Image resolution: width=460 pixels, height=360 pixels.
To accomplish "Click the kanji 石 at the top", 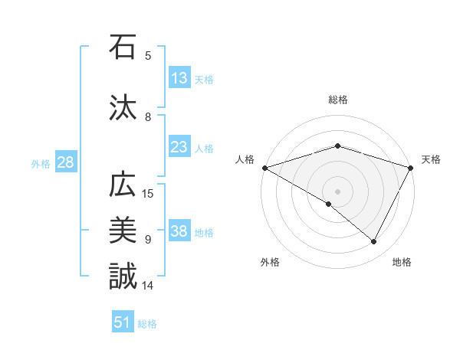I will (x=123, y=47).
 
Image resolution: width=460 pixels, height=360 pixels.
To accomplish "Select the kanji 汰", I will (x=123, y=108).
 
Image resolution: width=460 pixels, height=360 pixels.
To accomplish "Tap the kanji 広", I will (x=123, y=186).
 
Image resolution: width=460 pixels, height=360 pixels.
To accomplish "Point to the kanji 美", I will (x=123, y=230).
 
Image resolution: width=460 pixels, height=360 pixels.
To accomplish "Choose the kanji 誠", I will (x=123, y=275).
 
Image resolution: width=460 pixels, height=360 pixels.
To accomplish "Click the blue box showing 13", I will (x=179, y=78).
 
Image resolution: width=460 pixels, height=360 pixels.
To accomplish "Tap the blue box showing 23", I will (x=179, y=148).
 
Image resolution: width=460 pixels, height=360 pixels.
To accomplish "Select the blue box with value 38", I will (x=179, y=232).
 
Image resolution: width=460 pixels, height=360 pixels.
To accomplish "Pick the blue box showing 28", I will (x=64, y=163).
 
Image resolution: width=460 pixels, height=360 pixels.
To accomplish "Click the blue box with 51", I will (x=123, y=322).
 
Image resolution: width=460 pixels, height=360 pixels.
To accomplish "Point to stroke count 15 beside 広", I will (x=149, y=193).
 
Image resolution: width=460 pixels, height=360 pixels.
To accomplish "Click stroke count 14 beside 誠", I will (x=149, y=286).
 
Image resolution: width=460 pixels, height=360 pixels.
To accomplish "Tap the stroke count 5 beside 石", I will (x=148, y=55).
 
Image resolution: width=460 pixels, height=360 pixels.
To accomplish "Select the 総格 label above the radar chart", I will (x=338, y=100).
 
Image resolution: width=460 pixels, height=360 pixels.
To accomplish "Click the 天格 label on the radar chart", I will (x=431, y=159).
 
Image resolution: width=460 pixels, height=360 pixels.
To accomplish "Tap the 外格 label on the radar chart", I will (x=270, y=262).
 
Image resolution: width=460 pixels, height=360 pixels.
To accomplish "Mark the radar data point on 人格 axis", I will (x=264, y=167).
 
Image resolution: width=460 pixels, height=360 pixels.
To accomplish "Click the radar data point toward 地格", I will (x=374, y=242).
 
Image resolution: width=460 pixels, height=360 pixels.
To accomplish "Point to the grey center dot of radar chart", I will (x=337, y=191).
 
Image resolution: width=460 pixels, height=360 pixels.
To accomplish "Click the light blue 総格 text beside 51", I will (x=147, y=324).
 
